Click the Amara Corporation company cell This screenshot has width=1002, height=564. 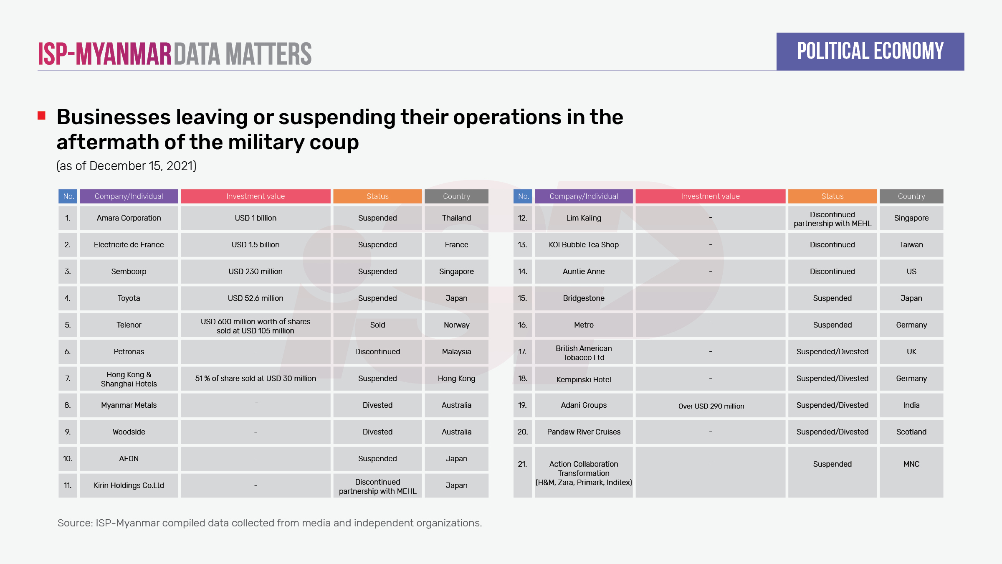click(129, 218)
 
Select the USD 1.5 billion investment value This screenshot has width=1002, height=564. click(256, 245)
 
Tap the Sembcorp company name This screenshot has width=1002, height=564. click(129, 272)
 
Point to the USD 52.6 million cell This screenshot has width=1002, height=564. click(256, 298)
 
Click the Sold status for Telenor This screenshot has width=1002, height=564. click(377, 325)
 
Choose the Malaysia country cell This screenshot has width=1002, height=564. click(456, 352)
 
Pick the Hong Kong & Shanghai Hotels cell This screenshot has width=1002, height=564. click(129, 379)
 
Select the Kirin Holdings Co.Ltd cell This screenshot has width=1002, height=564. click(129, 485)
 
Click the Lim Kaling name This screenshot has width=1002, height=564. click(584, 218)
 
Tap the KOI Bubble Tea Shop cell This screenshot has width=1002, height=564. click(584, 245)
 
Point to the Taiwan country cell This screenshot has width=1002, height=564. click(911, 245)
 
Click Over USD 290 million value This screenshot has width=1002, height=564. click(711, 406)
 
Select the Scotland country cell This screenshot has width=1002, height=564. click(911, 432)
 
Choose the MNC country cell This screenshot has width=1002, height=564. click(911, 464)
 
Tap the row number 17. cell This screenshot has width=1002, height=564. click(522, 352)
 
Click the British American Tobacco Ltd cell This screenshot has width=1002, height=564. click(584, 353)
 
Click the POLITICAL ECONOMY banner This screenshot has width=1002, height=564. click(870, 51)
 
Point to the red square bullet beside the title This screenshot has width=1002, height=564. click(41, 116)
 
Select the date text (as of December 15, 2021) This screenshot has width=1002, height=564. click(126, 166)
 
